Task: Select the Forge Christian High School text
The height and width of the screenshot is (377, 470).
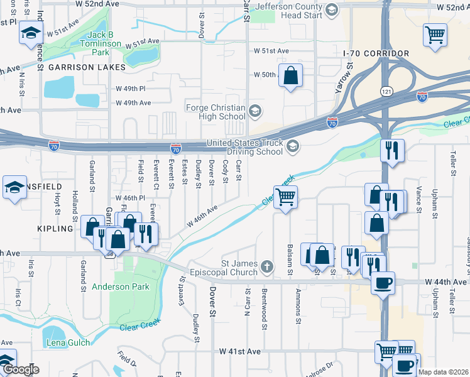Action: (216, 112)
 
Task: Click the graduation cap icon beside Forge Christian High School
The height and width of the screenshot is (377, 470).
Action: (254, 112)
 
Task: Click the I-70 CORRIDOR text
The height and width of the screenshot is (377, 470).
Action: (376, 54)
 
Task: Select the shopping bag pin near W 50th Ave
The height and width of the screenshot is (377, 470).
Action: (291, 76)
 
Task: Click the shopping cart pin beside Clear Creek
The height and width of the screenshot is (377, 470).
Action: (286, 197)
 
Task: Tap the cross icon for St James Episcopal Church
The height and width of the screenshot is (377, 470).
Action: (267, 268)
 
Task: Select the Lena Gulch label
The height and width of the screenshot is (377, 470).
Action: (66, 342)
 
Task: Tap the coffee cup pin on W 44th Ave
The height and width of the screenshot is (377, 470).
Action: (383, 282)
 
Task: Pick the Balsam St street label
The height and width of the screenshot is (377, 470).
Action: (290, 259)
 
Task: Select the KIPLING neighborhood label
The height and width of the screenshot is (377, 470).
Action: (55, 229)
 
